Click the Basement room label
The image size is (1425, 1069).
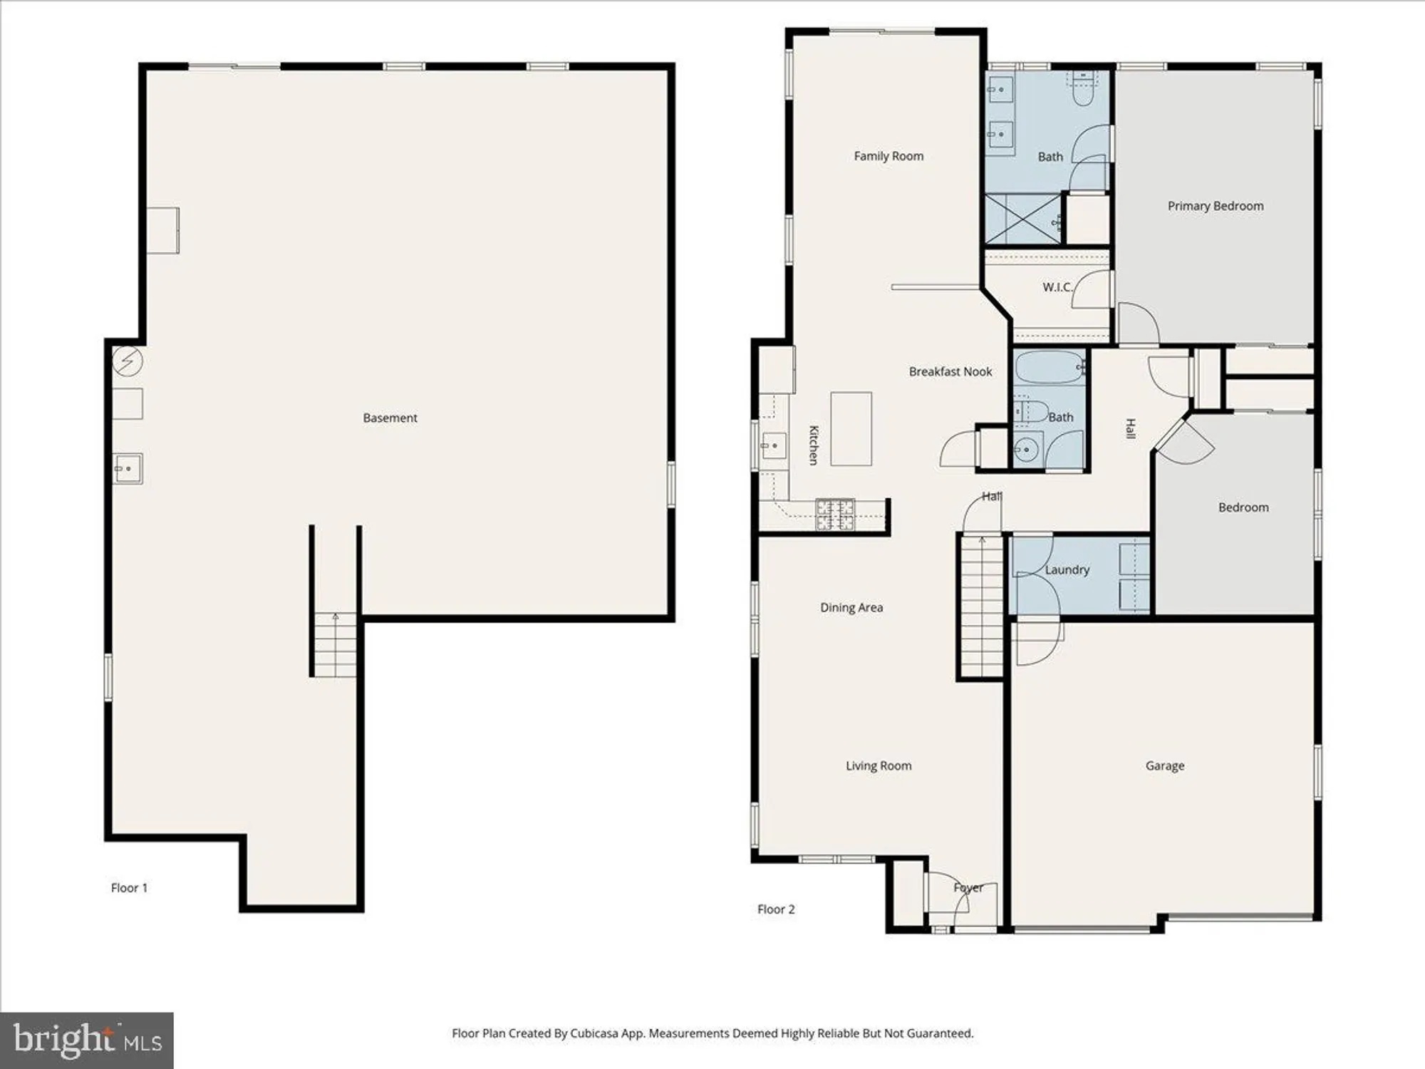[x=390, y=418]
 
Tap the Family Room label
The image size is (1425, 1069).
[x=888, y=156]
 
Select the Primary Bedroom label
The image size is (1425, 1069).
[x=1215, y=206]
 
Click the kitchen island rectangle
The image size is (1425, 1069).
[x=851, y=429]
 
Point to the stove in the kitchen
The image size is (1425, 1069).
[x=835, y=515]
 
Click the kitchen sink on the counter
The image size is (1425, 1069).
[x=774, y=446]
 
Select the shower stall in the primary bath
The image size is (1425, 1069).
[x=1022, y=219]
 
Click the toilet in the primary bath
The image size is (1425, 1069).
[x=1083, y=88]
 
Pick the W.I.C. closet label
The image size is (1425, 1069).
[x=1057, y=287]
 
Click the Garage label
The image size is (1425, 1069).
[x=1165, y=766]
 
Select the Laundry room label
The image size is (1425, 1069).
[x=1067, y=570]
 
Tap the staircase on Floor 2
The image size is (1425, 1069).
[x=982, y=606]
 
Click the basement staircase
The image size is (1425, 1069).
[x=335, y=645]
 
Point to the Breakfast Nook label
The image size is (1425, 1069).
[x=950, y=372]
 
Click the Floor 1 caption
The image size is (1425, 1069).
[x=129, y=888]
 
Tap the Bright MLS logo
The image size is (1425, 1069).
[x=87, y=1040]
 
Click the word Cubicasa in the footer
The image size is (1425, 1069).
[x=594, y=1033]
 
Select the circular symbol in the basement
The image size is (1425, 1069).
[x=128, y=361]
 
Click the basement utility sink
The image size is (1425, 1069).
[x=128, y=469]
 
